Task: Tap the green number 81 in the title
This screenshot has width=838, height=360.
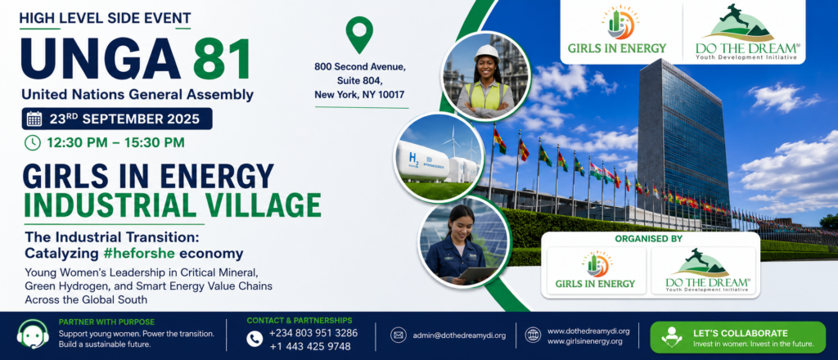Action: coord(222,59)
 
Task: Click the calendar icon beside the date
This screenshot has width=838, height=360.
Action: coord(34,119)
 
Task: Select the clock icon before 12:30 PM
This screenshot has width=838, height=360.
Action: coord(33,142)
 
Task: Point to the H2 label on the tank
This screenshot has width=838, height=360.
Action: coord(414,158)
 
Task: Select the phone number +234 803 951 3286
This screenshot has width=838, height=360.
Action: coord(313,333)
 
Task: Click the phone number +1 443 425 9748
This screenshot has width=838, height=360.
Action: coord(309,347)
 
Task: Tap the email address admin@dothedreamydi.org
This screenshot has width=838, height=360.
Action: coord(459,335)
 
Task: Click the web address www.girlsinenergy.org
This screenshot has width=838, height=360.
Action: coord(584,341)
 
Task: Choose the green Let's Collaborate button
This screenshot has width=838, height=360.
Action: coord(737,337)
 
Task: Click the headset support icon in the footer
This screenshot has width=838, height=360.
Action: coord(33,334)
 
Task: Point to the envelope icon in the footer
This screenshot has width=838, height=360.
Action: coord(399,335)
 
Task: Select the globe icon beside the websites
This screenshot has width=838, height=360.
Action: coord(533,335)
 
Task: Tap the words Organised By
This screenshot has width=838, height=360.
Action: coord(648,239)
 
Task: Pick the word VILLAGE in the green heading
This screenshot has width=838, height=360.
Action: coord(261,205)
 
